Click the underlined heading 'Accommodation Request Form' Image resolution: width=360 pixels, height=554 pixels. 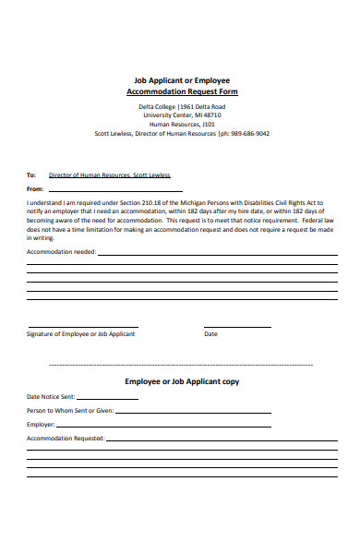pos(182,92)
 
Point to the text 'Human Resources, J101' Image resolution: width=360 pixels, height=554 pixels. pos(182,124)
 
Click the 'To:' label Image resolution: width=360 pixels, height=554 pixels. pos(30,175)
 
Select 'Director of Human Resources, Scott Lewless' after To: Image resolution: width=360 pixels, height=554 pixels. pos(109,175)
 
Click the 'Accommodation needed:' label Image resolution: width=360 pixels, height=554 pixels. pos(61,251)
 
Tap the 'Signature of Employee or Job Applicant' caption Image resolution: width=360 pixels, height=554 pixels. pos(81,333)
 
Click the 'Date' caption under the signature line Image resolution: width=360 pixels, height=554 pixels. pos(210,333)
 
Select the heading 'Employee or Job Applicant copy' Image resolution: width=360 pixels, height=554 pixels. pos(182,380)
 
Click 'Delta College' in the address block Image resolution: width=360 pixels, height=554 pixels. pos(145,106)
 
